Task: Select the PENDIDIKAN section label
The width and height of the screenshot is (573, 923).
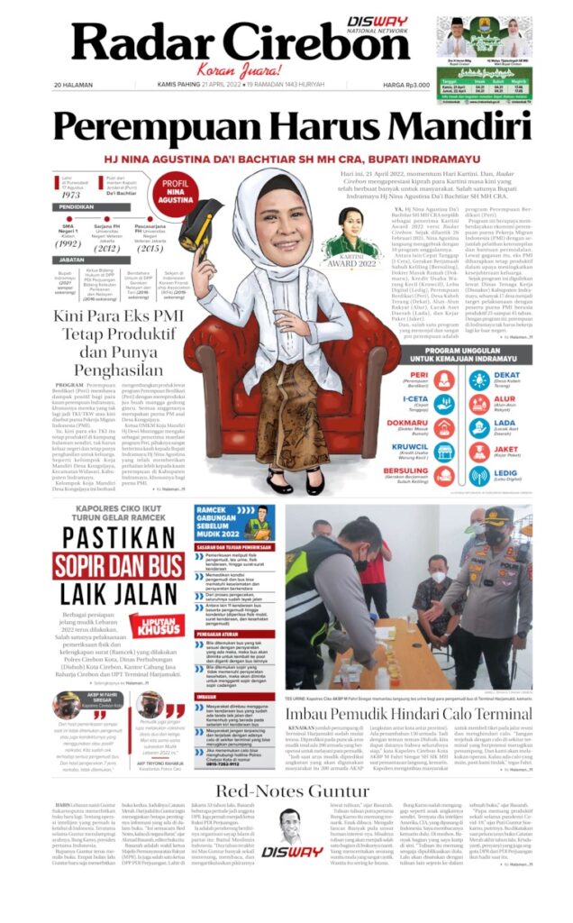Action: click(x=78, y=207)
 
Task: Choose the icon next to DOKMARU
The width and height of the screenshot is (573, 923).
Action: click(x=442, y=427)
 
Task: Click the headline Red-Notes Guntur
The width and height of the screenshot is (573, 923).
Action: click(x=286, y=791)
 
